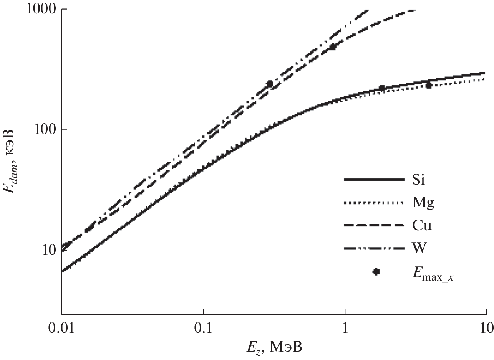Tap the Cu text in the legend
(x=422, y=226)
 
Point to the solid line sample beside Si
(x=374, y=180)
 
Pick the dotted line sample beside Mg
(x=374, y=203)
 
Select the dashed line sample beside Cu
(x=374, y=226)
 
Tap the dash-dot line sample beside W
(x=374, y=248)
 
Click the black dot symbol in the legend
(x=376, y=272)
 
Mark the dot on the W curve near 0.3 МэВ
(x=270, y=84)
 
